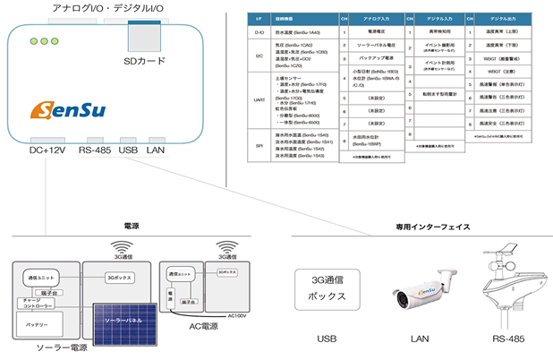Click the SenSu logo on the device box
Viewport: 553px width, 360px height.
coord(69,110)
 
